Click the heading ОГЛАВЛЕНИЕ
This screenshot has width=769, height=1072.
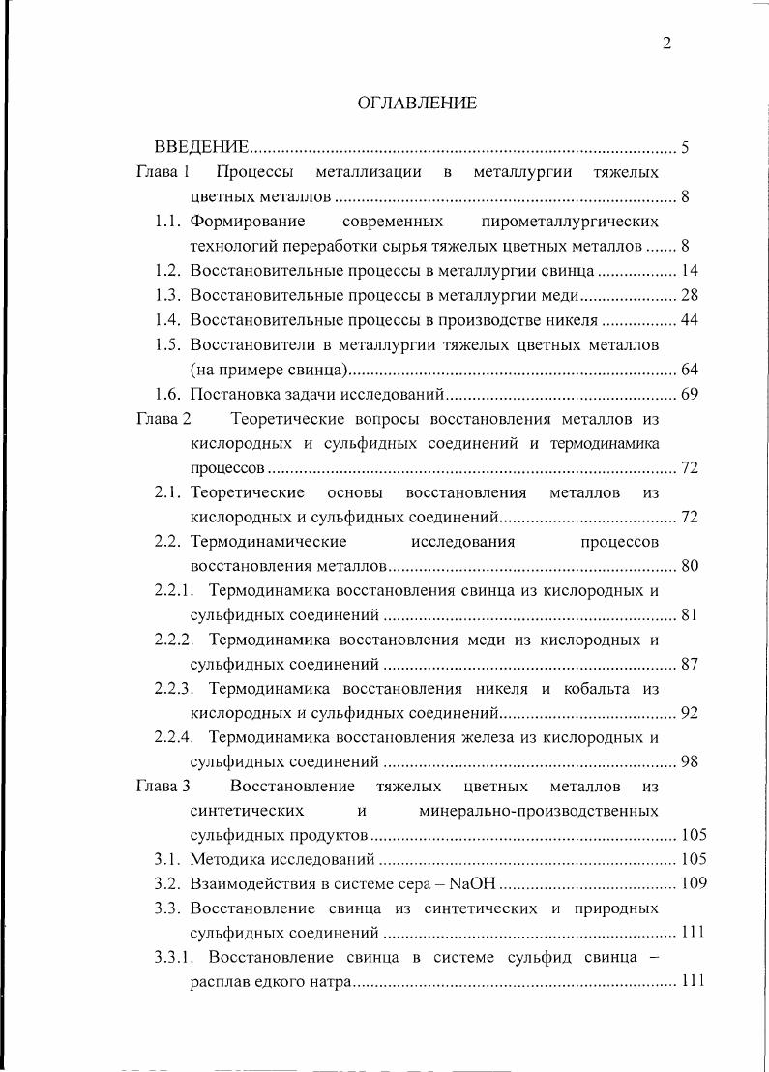417,103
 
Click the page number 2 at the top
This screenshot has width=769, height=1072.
666,43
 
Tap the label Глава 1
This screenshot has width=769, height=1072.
162,173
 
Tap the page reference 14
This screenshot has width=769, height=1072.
690,271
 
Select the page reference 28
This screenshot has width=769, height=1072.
690,295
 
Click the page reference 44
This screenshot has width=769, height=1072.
690,319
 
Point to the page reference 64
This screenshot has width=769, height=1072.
690,369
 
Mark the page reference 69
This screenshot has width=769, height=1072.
690,394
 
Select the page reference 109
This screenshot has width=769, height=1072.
694,883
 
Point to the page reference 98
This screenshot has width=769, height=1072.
690,761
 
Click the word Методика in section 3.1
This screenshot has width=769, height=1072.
225,859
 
